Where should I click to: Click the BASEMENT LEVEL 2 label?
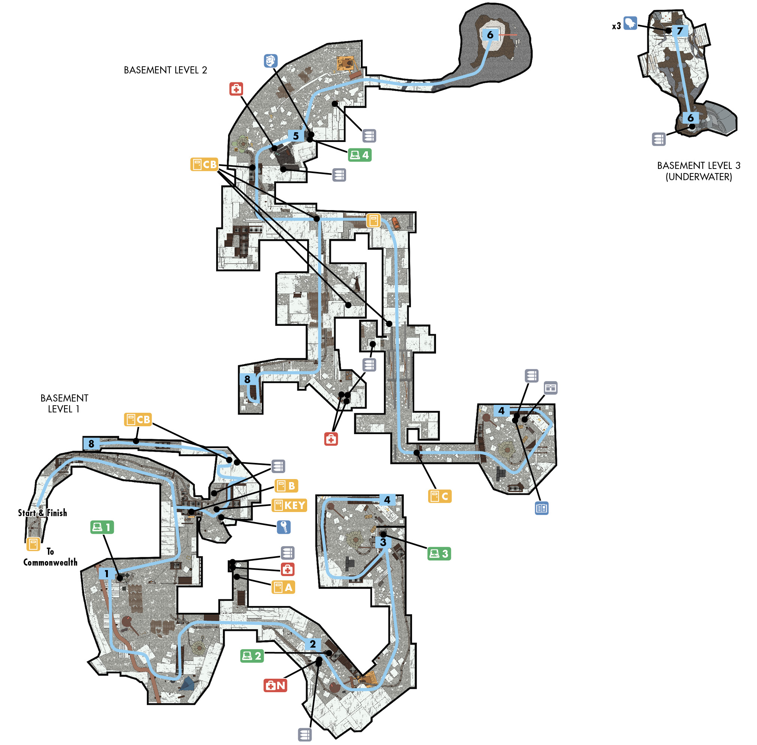(166, 70)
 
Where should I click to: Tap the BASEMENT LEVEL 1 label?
(64, 403)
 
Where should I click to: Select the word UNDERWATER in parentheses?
(699, 177)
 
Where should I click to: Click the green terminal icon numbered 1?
(102, 527)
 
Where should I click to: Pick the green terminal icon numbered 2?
(252, 656)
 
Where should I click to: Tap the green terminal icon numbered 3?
(439, 554)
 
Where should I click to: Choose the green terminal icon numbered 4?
(360, 155)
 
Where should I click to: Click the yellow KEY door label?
(290, 505)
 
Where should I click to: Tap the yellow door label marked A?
(283, 587)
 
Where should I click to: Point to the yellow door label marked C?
(440, 496)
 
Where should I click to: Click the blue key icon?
(284, 527)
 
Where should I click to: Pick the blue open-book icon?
(542, 508)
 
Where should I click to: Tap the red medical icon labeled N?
(275, 685)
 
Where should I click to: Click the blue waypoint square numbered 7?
(680, 30)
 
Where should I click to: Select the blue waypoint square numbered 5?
(296, 136)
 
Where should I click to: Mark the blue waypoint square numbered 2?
(313, 643)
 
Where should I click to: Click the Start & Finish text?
(43, 512)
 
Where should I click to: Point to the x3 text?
(616, 26)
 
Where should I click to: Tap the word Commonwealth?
(51, 562)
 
